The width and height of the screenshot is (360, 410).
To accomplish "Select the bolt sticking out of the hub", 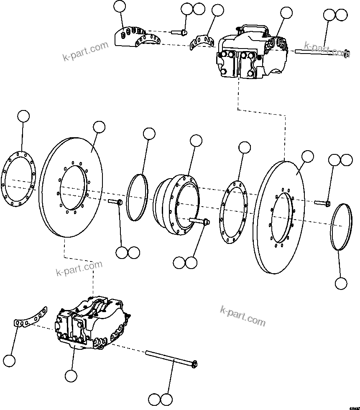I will pyautogui.click(x=200, y=222).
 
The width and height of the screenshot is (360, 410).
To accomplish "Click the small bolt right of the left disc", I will pyautogui.click(x=115, y=202).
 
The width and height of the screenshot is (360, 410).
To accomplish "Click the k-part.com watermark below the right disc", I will pyautogui.click(x=243, y=316).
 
